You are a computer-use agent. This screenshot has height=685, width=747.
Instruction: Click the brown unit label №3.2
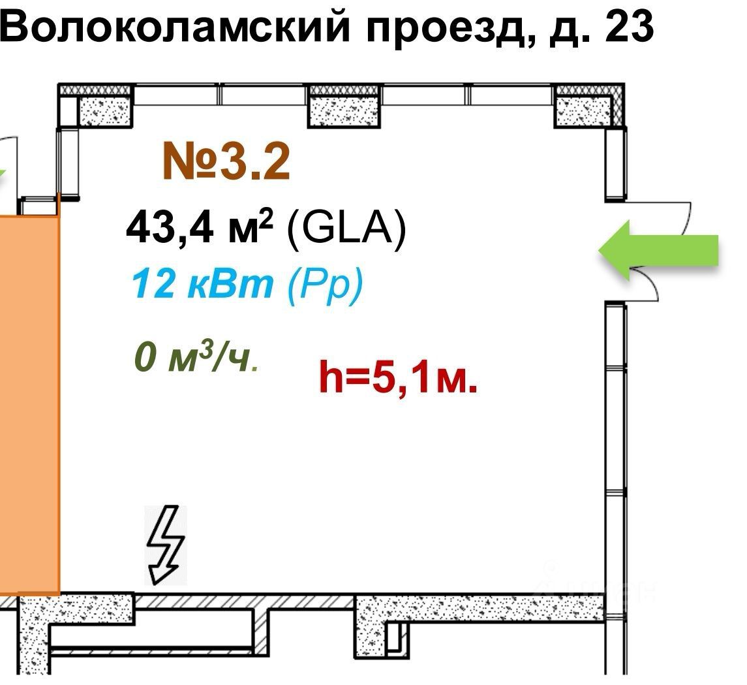[226, 162]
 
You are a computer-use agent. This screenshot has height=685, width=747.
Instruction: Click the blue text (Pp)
[324, 286]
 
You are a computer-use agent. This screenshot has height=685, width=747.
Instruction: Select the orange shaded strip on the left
[29, 405]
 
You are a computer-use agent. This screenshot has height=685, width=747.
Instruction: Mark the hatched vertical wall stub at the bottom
[261, 631]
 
